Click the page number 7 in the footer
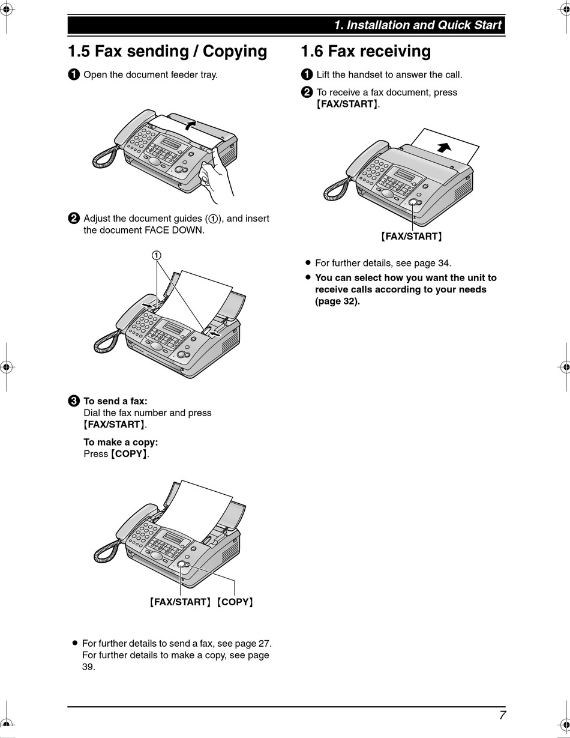click(502, 715)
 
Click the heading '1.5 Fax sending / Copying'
click(167, 52)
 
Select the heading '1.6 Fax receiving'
click(365, 52)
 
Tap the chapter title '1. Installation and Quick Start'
click(418, 25)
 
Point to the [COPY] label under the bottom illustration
click(235, 602)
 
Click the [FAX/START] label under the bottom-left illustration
click(180, 602)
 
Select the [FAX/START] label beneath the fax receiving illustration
click(412, 237)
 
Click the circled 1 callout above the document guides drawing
click(157, 255)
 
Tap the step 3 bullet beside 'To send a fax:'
click(73, 401)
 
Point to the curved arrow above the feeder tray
click(190, 124)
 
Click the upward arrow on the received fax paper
click(445, 147)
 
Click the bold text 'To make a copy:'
click(121, 443)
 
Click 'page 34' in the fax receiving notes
click(431, 263)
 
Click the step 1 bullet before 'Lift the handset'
click(306, 75)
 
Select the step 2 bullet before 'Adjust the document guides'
click(73, 219)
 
